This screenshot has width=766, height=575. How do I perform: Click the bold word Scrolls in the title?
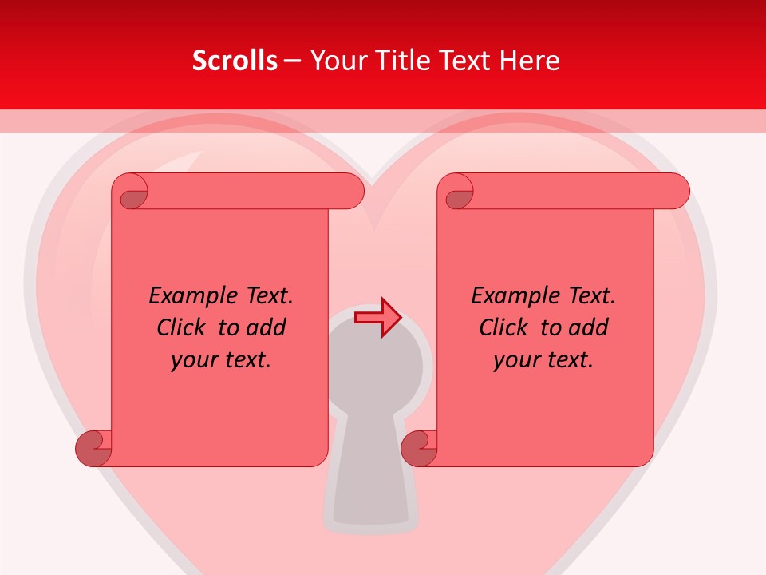(235, 61)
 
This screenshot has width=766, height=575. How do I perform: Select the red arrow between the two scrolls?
(377, 318)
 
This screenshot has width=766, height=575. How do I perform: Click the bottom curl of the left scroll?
(93, 448)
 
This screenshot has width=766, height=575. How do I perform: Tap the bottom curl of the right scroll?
(419, 448)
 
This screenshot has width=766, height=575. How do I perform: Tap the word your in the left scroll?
(194, 360)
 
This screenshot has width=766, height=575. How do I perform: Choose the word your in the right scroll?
(516, 360)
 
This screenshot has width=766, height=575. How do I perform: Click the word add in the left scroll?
(267, 328)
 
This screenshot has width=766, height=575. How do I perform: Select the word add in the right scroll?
(590, 328)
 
